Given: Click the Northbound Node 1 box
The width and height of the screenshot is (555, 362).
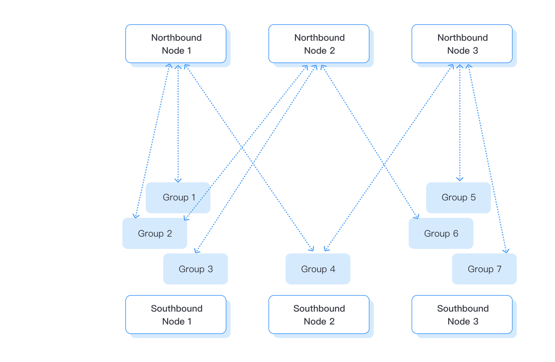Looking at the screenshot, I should (176, 44).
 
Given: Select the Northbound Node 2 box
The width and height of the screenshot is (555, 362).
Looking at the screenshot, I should (319, 44).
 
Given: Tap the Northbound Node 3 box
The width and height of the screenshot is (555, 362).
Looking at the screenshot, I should (462, 44).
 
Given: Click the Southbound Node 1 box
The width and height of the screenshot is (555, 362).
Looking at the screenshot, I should (176, 314).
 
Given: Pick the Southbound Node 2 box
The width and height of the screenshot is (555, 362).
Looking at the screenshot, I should (319, 314).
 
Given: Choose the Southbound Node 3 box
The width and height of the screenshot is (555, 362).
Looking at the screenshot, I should (462, 314).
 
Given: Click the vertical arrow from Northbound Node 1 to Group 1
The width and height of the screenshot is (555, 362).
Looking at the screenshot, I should (178, 123).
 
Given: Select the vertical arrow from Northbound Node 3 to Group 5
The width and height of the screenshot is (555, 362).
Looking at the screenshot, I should (460, 123).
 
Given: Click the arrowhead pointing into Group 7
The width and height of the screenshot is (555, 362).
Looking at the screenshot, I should (506, 251).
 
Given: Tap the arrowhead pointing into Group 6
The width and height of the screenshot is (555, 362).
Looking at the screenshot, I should (417, 216).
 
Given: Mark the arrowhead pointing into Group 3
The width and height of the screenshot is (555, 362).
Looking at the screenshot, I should (196, 251).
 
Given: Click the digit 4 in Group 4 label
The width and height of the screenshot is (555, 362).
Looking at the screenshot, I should (333, 269).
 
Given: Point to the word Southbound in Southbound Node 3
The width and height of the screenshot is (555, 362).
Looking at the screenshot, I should (463, 308).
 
